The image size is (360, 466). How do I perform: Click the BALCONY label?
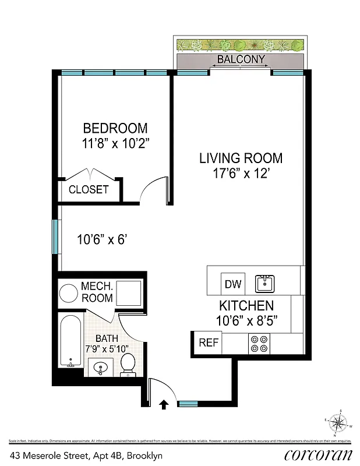[x=241, y=59]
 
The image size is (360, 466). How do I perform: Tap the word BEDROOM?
[x=115, y=128]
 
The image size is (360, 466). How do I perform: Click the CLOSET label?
[x=89, y=189]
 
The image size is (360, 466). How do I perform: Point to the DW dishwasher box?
[x=232, y=284]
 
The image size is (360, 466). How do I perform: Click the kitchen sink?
[x=265, y=284]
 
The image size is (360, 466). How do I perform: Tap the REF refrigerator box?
[x=208, y=343]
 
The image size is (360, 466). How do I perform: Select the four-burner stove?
[x=259, y=343]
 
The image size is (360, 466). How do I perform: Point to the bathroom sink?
[x=99, y=368]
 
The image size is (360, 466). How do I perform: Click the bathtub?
[x=71, y=341]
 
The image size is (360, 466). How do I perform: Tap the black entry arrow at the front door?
[x=164, y=403]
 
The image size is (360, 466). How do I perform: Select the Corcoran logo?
[x=318, y=454]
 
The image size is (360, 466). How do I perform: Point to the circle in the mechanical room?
[x=70, y=292]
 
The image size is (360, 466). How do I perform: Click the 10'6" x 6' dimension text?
[x=102, y=239]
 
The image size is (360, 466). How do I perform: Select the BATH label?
[x=106, y=338]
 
